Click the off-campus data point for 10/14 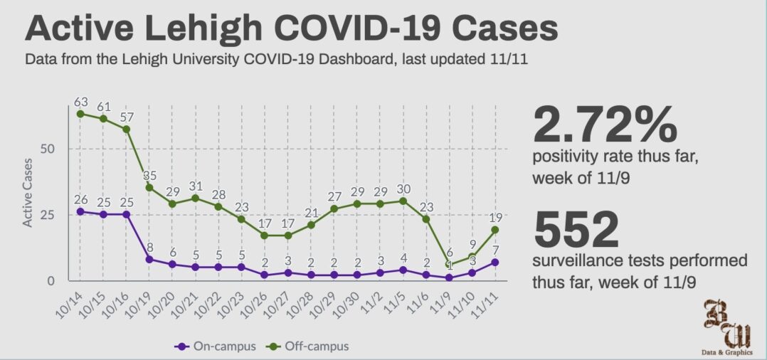(80, 114)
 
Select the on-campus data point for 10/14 (80, 211)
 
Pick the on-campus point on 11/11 (494, 262)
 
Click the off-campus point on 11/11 (494, 230)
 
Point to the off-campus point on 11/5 (403, 201)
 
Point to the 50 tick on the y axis (55, 149)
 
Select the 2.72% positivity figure (604, 125)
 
